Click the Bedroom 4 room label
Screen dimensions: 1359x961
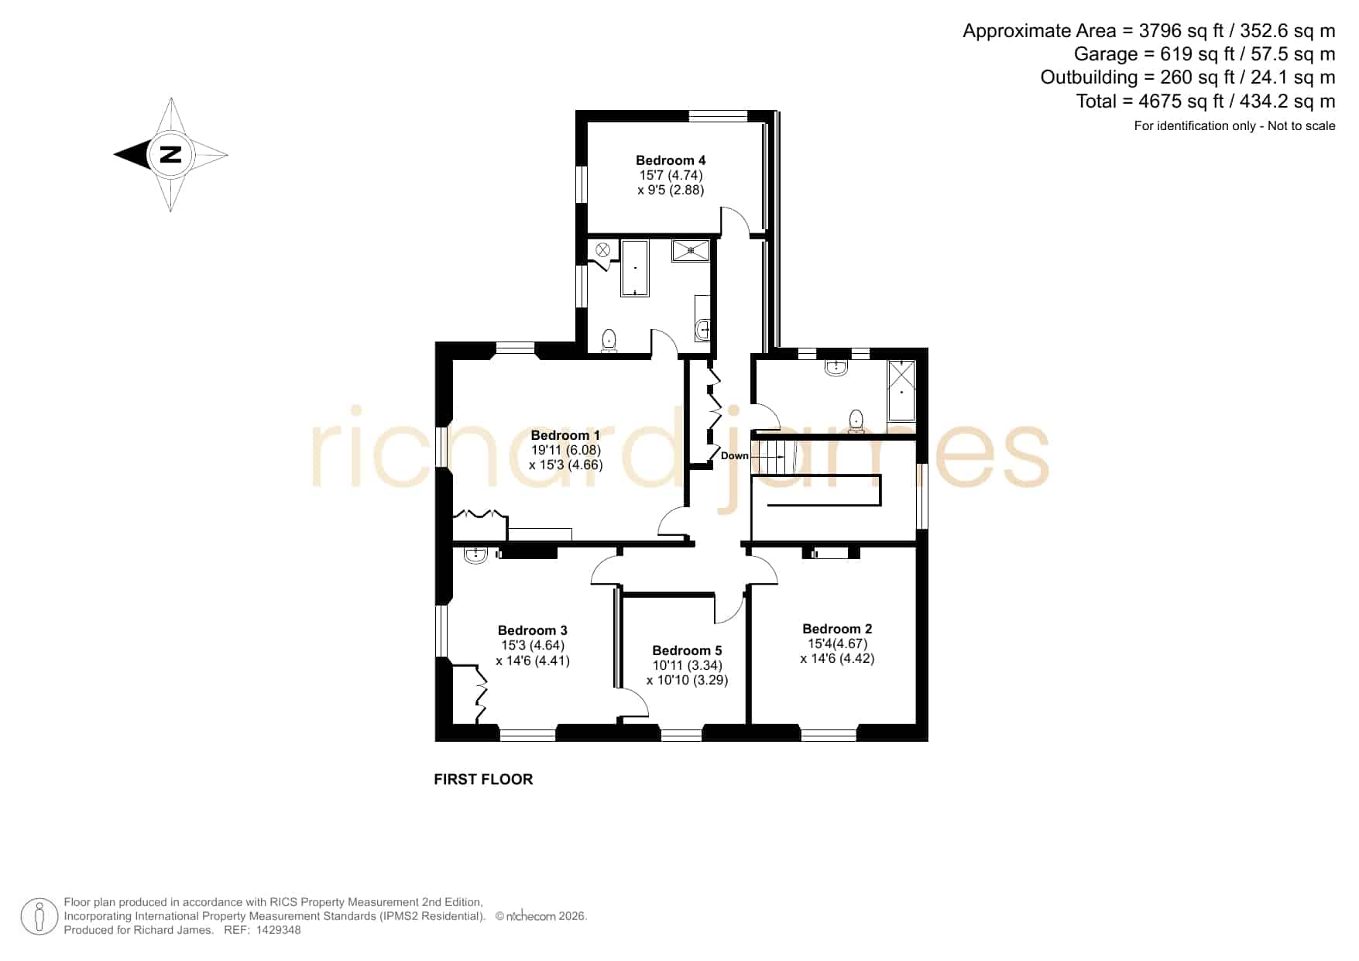(671, 160)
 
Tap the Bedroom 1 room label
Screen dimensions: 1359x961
(565, 435)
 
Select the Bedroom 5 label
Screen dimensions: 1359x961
(687, 650)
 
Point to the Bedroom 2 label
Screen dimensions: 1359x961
(837, 629)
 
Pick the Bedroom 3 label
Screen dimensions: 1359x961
(533, 630)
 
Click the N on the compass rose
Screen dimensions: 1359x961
(170, 154)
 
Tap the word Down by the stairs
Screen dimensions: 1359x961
(735, 456)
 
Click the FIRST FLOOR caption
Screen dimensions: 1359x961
(483, 779)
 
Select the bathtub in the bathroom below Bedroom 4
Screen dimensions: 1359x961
(635, 269)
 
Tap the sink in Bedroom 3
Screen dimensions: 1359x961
(475, 554)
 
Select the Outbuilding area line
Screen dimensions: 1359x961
(1188, 77)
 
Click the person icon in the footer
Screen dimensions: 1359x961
(39, 917)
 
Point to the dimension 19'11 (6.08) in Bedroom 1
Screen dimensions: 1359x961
(566, 450)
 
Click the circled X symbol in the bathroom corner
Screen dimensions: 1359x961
(603, 250)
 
